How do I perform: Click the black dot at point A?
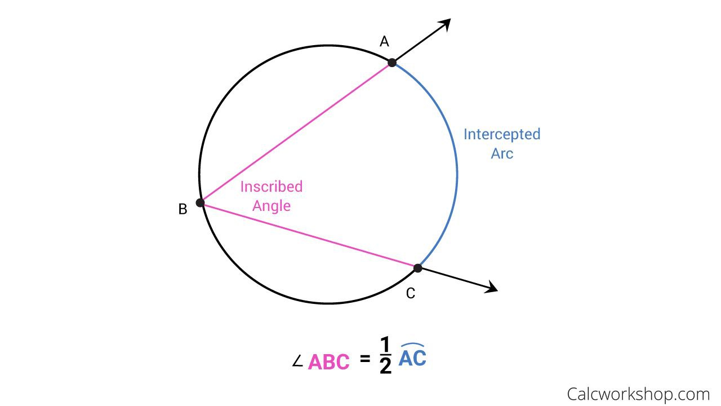coord(392,62)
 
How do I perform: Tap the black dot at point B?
coord(200,202)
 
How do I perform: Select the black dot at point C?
coord(417,268)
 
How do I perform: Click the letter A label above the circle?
coord(384,41)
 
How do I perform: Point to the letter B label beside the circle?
coord(183,209)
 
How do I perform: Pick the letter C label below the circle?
coord(411,293)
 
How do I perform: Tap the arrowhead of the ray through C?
coord(492,288)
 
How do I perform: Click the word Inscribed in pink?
coord(272,187)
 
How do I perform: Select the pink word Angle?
coord(272,206)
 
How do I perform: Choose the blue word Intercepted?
coord(501,134)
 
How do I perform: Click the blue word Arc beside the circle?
coord(502,153)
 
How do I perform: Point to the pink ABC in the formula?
coord(329,361)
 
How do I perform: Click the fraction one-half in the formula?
coord(385,356)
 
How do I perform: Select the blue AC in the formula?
coord(412,358)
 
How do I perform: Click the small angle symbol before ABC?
coord(298,361)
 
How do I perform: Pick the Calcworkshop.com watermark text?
coord(638,394)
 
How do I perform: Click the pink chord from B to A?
coord(296,133)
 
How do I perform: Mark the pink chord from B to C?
coord(309,235)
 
